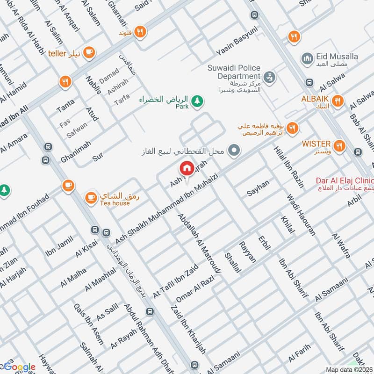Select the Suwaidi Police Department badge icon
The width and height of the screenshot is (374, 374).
(269, 76)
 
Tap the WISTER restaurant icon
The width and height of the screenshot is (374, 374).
(339, 146)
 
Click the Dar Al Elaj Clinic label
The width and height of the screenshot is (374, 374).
(346, 180)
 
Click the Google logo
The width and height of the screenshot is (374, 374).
(19, 367)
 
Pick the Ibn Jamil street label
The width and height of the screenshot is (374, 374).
(57, 247)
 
